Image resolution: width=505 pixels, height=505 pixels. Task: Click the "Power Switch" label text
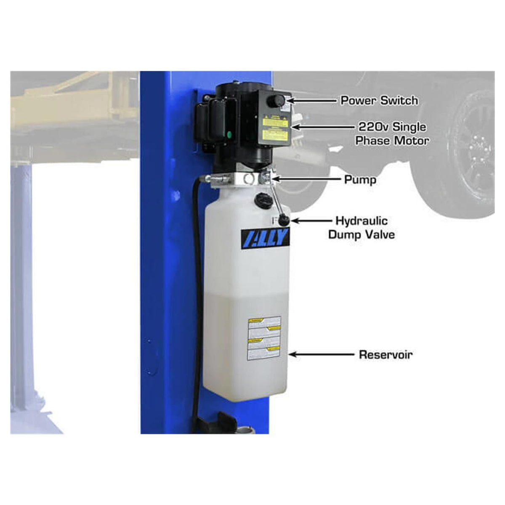click(379, 100)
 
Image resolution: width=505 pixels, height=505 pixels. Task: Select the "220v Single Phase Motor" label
click(392, 133)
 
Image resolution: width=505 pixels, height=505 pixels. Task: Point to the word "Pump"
click(360, 180)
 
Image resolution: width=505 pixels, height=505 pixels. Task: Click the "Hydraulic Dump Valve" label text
click(361, 227)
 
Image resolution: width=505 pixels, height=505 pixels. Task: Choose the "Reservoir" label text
click(385, 354)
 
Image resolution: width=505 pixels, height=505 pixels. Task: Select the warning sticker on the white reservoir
click(264, 338)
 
